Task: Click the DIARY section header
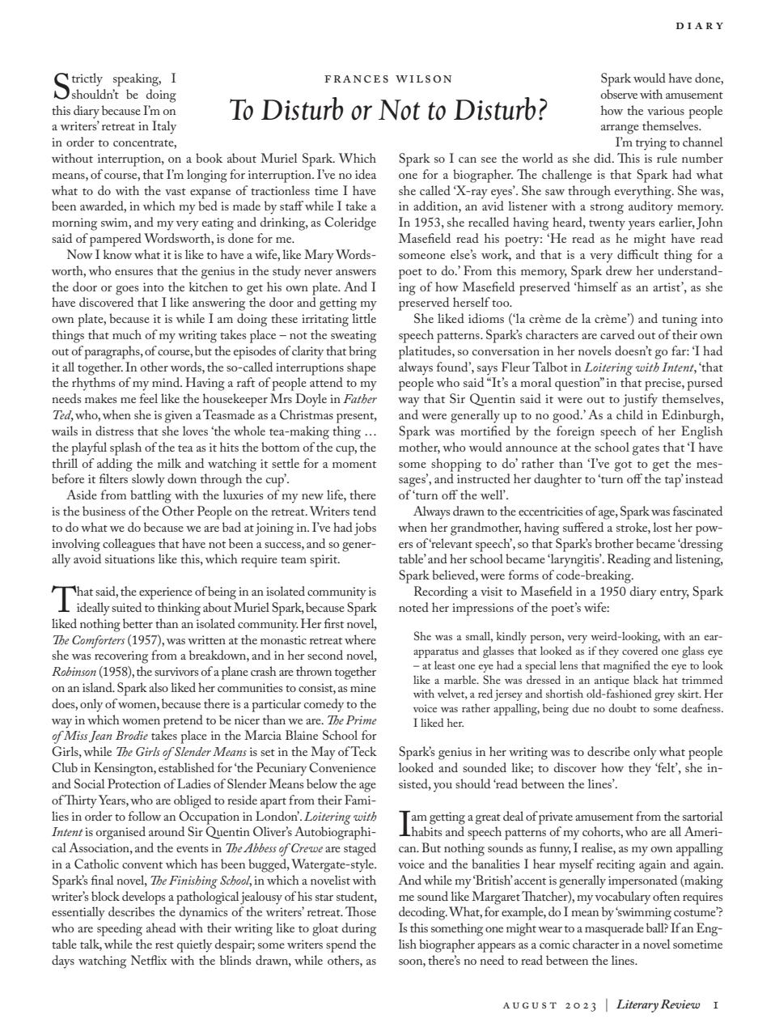click(700, 26)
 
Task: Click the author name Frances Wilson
click(388, 79)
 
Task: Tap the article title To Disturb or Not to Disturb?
click(388, 110)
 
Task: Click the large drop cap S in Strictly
click(60, 84)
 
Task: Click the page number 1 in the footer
click(716, 1005)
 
